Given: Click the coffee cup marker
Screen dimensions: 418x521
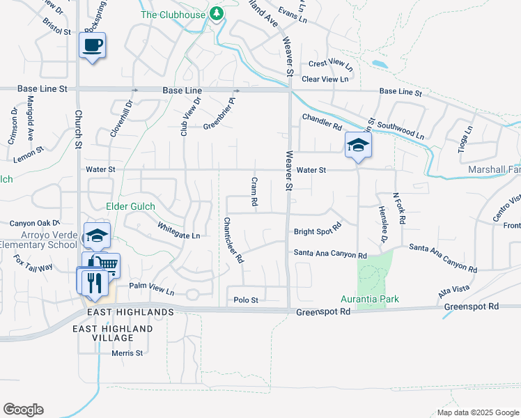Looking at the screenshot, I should (x=92, y=46).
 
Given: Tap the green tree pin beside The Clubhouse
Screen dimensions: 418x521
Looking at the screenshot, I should (x=217, y=14).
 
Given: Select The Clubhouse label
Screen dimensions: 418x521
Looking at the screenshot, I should (x=173, y=14).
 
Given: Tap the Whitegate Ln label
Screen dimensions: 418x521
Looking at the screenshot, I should (x=179, y=231).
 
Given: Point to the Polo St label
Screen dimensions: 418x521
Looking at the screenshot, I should (x=246, y=300).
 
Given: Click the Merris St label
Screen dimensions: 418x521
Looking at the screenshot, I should (x=127, y=353).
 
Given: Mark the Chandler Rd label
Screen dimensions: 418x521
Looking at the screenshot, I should (x=322, y=122).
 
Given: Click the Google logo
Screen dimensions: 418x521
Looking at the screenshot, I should (x=23, y=410).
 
